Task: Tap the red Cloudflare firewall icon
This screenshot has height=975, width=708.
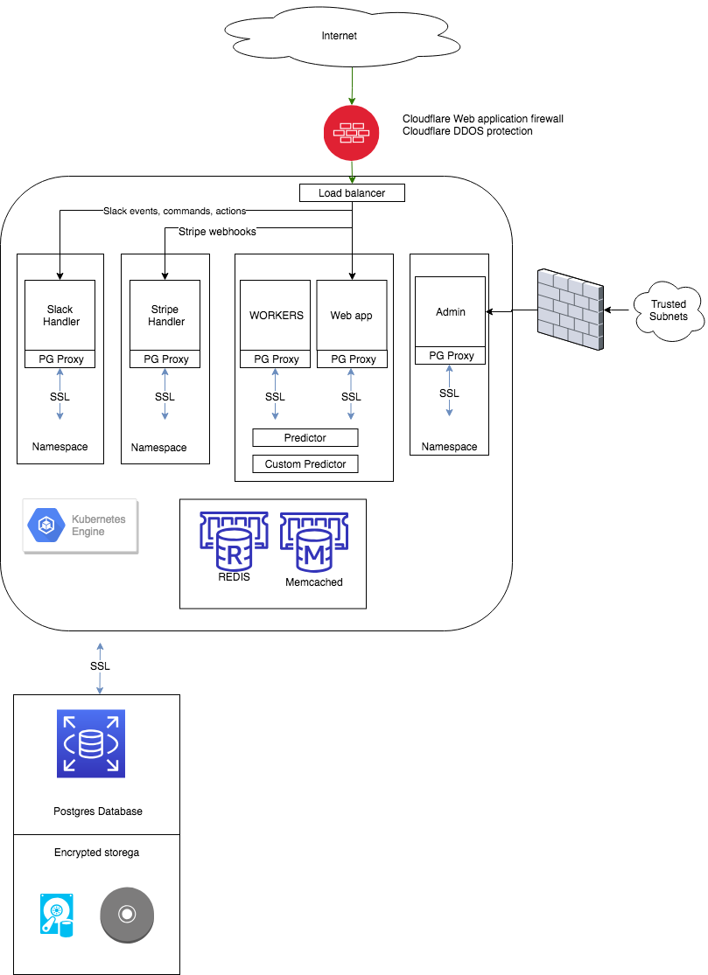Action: pyautogui.click(x=352, y=134)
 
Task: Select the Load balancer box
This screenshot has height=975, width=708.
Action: pyautogui.click(x=352, y=192)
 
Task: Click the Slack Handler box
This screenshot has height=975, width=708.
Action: pyautogui.click(x=60, y=315)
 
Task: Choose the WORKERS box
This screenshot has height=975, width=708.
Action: pyautogui.click(x=276, y=315)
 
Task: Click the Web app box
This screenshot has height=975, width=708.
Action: pyautogui.click(x=351, y=315)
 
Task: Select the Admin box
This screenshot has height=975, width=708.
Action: pyautogui.click(x=450, y=311)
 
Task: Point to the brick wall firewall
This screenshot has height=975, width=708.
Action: pyautogui.click(x=569, y=311)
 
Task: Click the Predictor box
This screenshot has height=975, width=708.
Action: pyautogui.click(x=305, y=437)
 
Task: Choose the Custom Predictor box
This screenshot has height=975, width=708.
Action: pyautogui.click(x=305, y=463)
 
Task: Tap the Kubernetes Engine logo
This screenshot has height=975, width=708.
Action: pyautogui.click(x=81, y=526)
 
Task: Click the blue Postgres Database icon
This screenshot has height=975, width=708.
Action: pyautogui.click(x=91, y=743)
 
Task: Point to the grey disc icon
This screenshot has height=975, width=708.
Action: pyautogui.click(x=127, y=915)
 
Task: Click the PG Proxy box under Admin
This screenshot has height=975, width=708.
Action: pyautogui.click(x=450, y=355)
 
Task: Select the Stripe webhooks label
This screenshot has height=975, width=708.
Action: pyautogui.click(x=217, y=232)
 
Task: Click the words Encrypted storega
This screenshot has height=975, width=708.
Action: pyautogui.click(x=96, y=853)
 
